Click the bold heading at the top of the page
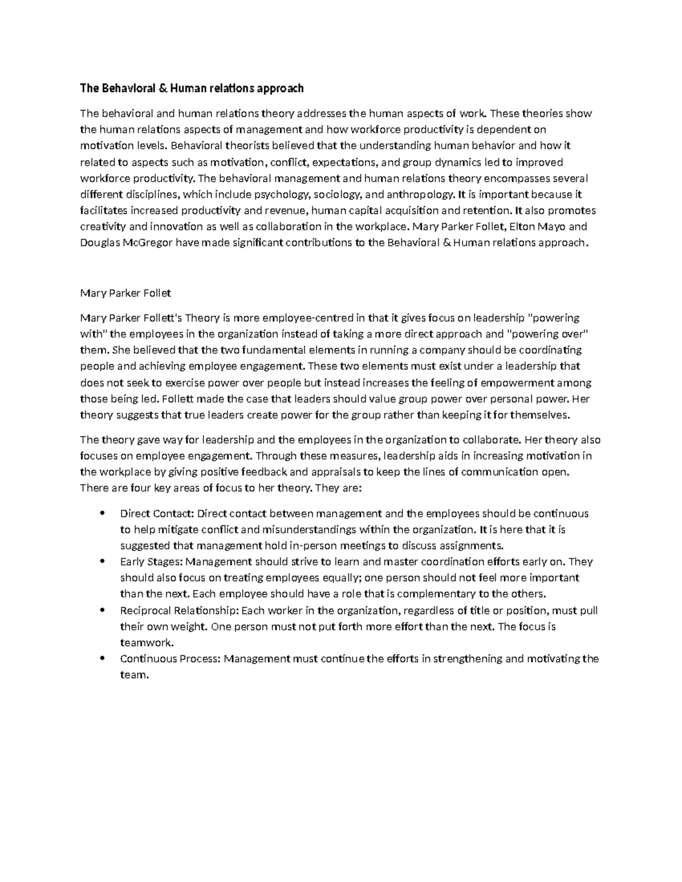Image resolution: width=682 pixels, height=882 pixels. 192,88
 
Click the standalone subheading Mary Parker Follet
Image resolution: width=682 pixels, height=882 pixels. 126,293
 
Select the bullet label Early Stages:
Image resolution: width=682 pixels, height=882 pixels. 152,562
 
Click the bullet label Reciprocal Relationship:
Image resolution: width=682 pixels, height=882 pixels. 180,611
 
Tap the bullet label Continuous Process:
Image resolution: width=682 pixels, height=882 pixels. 170,659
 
